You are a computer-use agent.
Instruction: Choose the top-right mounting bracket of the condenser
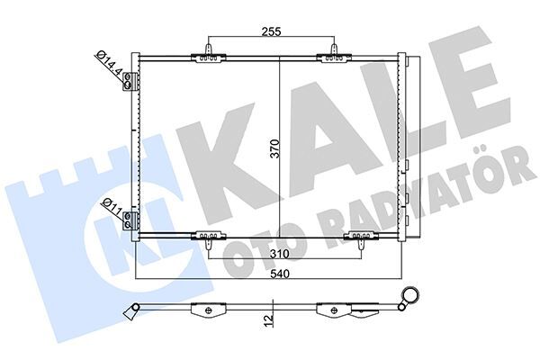click(x=335, y=55)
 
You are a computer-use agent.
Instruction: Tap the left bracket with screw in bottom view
click(x=209, y=311)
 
